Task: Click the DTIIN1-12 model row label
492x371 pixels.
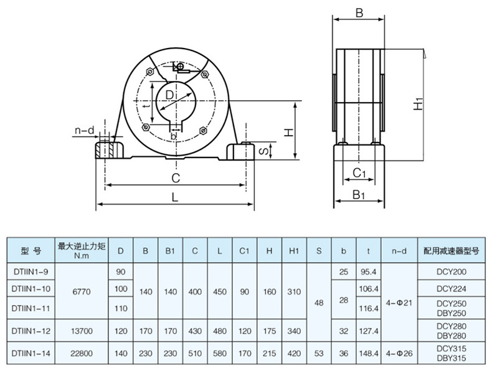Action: click(x=31, y=331)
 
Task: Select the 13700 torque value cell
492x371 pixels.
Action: click(x=82, y=331)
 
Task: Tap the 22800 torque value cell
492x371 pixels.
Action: click(x=82, y=353)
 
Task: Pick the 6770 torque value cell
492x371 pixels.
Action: click(x=82, y=289)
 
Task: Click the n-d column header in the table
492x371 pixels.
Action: click(x=399, y=251)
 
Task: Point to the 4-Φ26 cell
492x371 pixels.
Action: click(x=399, y=353)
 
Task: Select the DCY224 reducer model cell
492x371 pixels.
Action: click(x=452, y=289)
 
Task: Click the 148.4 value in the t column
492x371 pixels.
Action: click(x=369, y=353)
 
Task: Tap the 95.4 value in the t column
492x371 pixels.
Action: click(x=369, y=272)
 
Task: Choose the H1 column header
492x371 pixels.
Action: click(x=294, y=251)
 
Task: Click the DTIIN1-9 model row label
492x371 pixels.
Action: click(x=31, y=272)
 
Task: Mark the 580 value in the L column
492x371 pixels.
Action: click(x=220, y=353)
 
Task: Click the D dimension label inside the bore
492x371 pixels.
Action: click(x=169, y=94)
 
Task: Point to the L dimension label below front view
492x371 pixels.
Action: click(x=176, y=197)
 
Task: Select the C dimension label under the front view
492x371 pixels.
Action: click(x=176, y=178)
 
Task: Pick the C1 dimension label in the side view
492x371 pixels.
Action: click(x=359, y=172)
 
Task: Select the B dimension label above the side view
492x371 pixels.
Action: click(x=359, y=12)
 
